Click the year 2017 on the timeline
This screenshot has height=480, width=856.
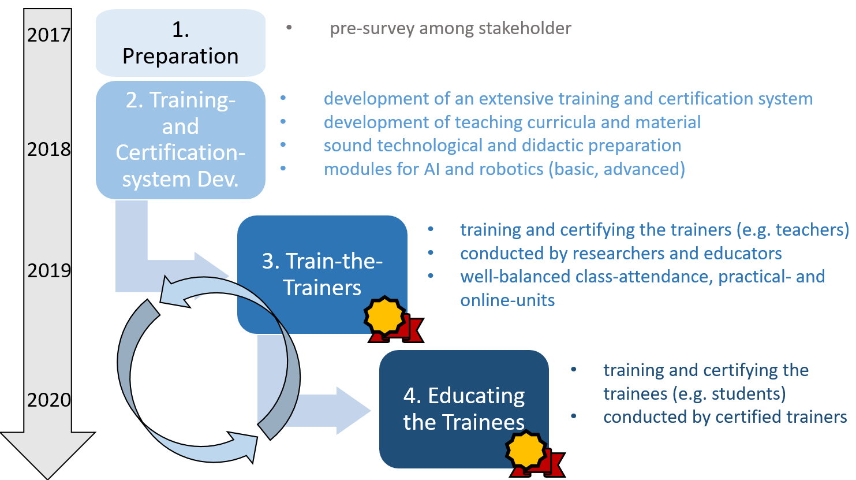click(x=49, y=35)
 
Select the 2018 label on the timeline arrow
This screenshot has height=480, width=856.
click(x=49, y=149)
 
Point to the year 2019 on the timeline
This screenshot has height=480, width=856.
click(x=49, y=271)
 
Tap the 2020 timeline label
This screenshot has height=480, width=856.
click(x=49, y=400)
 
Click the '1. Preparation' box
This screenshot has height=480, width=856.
click(x=180, y=43)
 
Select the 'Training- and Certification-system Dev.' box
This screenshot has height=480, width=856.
click(x=180, y=140)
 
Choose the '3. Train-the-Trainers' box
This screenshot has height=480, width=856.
click(x=322, y=274)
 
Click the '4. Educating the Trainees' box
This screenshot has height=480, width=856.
click(x=464, y=409)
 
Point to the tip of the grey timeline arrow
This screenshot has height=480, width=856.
click(x=48, y=479)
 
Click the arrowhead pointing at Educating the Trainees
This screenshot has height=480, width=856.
click(x=353, y=411)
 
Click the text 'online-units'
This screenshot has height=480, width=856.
click(x=507, y=300)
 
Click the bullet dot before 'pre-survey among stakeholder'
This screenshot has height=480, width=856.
click(x=289, y=27)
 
